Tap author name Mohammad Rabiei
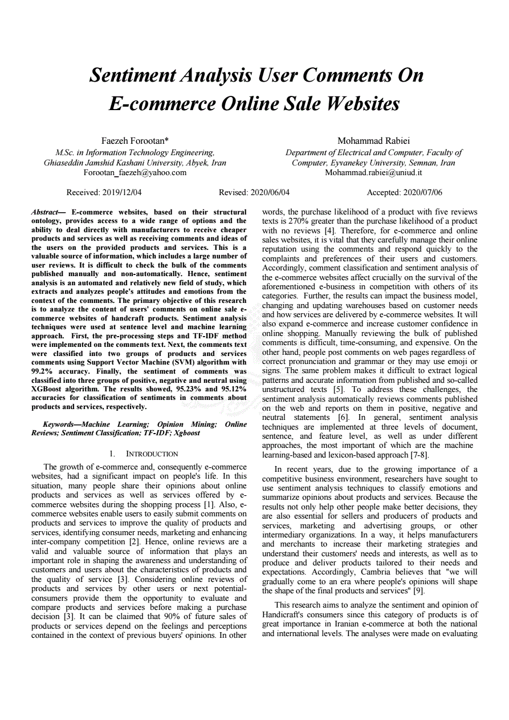373,140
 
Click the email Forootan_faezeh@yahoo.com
135,172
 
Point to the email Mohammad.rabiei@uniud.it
373,172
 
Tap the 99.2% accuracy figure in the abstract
44,371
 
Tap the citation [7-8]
420,455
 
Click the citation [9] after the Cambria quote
419,591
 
